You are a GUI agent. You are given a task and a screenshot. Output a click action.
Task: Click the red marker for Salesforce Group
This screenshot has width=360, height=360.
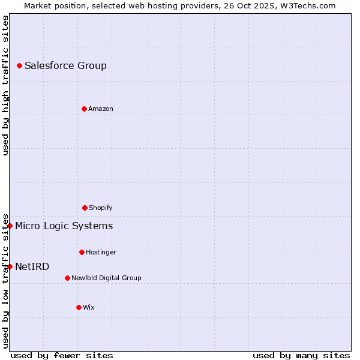pyautogui.click(x=19, y=65)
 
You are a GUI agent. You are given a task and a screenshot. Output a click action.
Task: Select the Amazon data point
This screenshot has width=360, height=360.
pyautogui.click(x=84, y=109)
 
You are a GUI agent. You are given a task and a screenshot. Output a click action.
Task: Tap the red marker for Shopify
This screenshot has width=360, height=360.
pyautogui.click(x=85, y=208)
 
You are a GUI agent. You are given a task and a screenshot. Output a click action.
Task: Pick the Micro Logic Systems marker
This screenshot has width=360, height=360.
pyautogui.click(x=10, y=226)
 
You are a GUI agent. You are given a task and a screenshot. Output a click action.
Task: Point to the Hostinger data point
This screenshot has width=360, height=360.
pyautogui.click(x=82, y=252)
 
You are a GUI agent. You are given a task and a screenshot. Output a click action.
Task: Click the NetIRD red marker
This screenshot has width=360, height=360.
pyautogui.click(x=10, y=266)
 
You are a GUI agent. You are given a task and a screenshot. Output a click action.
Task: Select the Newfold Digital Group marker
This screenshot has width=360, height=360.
pyautogui.click(x=67, y=278)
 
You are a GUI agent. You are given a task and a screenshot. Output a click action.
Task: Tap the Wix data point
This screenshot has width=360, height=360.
pyautogui.click(x=79, y=307)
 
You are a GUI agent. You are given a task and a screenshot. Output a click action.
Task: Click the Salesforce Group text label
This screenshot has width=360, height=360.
pyautogui.click(x=65, y=66)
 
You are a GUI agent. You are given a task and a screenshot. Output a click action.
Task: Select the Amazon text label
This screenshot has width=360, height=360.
pyautogui.click(x=101, y=109)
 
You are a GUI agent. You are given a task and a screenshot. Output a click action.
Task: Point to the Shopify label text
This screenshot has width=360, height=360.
pyautogui.click(x=101, y=208)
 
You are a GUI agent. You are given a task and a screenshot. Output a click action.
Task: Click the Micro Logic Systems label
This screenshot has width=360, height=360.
pyautogui.click(x=64, y=226)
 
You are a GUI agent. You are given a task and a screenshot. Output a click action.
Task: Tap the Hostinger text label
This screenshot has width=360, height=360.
pyautogui.click(x=101, y=253)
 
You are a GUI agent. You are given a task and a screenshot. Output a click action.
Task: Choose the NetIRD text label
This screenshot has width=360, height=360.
pyautogui.click(x=32, y=267)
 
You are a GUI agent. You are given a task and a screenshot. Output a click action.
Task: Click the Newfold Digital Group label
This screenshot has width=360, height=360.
pyautogui.click(x=106, y=278)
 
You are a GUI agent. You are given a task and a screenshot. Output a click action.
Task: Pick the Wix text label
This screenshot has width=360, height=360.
pyautogui.click(x=89, y=308)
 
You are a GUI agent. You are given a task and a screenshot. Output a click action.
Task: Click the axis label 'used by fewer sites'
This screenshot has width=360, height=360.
pyautogui.click(x=62, y=355)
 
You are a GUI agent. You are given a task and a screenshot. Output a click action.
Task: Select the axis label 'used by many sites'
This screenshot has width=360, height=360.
pyautogui.click(x=301, y=355)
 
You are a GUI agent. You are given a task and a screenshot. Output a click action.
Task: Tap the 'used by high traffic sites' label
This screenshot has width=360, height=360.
pyautogui.click(x=5, y=85)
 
